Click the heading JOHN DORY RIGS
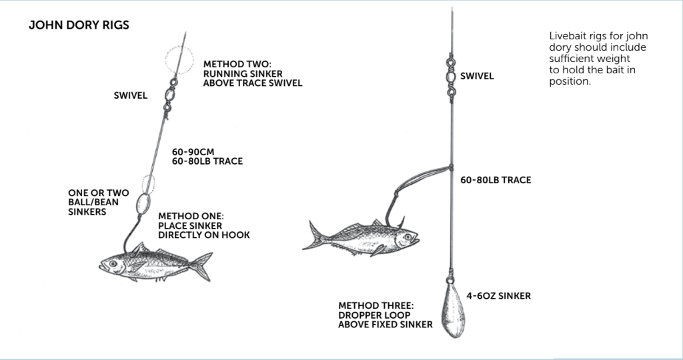pyautogui.click(x=79, y=25)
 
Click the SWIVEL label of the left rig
pyautogui.click(x=131, y=95)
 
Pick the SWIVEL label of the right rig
pyautogui.click(x=477, y=76)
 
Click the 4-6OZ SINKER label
pyautogui.click(x=498, y=295)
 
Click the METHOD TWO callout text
pyautogui.click(x=253, y=73)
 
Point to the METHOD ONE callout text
pyautogui.click(x=204, y=226)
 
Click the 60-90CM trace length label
pyautogui.click(x=193, y=151)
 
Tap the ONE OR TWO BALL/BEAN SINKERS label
pyautogui.click(x=99, y=203)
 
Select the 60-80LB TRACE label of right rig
pyautogui.click(x=496, y=180)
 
